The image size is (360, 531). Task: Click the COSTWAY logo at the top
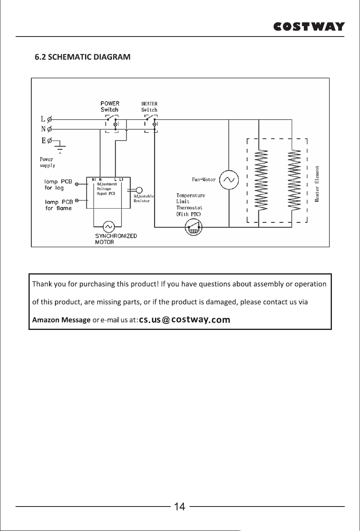(x=309, y=26)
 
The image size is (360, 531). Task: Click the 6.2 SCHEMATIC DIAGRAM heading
(x=83, y=57)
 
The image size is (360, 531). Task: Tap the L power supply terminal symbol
(x=49, y=119)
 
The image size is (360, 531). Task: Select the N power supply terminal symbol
(x=49, y=129)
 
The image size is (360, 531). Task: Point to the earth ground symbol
(x=60, y=147)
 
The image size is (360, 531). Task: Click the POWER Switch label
(x=110, y=107)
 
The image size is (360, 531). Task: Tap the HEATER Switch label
(x=149, y=107)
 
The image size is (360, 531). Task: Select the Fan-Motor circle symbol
(x=229, y=180)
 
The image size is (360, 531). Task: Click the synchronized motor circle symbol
(x=109, y=227)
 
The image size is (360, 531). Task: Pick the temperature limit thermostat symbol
(x=193, y=227)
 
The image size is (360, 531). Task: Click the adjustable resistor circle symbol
(x=139, y=190)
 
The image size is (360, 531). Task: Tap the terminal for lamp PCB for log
(x=77, y=184)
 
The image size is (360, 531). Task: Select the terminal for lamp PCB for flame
(x=77, y=201)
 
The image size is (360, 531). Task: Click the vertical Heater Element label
(x=317, y=184)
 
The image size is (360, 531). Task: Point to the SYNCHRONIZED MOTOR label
(x=116, y=239)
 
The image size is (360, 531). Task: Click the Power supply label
(x=47, y=163)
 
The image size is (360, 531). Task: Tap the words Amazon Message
(x=61, y=320)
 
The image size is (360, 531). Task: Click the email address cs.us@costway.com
(x=184, y=319)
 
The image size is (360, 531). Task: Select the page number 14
(x=180, y=507)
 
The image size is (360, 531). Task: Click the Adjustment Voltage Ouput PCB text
(x=107, y=189)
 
